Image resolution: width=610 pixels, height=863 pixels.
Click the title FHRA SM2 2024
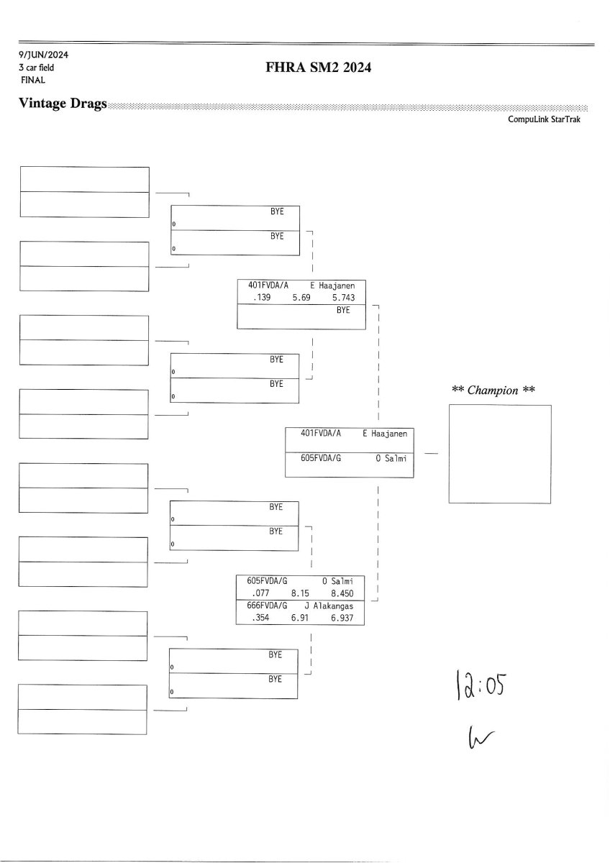[318, 68]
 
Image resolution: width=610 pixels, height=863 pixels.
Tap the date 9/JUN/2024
[44, 55]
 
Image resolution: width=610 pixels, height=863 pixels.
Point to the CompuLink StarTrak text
[544, 119]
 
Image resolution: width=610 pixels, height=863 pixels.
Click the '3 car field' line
[36, 68]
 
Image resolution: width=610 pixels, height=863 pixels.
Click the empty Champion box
[500, 454]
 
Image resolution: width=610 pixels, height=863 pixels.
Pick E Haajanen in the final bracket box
[385, 434]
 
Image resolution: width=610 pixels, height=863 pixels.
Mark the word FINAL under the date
[32, 80]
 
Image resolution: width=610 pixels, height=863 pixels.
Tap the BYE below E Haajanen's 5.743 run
[343, 310]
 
